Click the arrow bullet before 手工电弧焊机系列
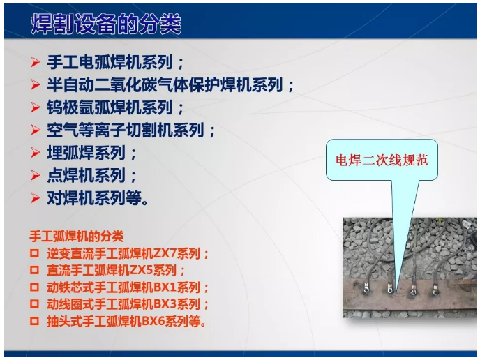tap(36, 62)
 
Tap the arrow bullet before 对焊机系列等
tap(36, 197)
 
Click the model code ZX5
tap(143, 271)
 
